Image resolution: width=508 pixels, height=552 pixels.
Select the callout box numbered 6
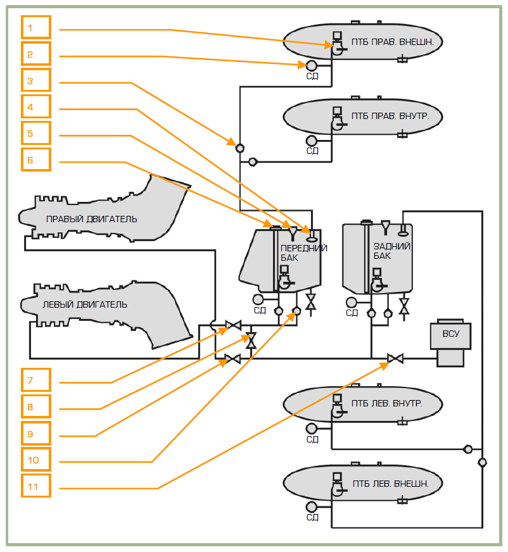coord(35,161)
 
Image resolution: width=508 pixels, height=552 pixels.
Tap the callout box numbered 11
coord(35,486)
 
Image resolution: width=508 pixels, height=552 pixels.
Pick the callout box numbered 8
coord(35,407)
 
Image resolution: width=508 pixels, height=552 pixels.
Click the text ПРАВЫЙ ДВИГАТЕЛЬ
coord(91,219)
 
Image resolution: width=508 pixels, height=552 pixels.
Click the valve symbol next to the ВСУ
coord(396,359)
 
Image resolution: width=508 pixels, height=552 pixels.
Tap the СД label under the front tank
coord(260,310)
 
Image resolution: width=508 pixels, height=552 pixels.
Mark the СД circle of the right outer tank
coord(312,65)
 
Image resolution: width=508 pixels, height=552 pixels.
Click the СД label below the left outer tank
coord(312,517)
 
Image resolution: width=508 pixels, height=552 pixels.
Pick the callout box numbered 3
coord(35,81)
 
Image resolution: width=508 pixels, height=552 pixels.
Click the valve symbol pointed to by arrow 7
coord(232,326)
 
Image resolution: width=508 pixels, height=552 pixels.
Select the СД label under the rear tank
coord(352,312)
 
